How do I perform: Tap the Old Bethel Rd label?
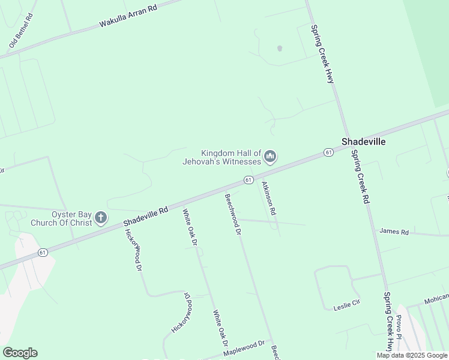click(21, 30)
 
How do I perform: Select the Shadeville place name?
click(363, 142)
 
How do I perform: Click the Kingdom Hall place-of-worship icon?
click(270, 157)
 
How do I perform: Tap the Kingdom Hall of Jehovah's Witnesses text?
click(231, 157)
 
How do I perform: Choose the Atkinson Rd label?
click(268, 199)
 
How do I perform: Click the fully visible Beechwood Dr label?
click(233, 214)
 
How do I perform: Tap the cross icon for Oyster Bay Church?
click(101, 218)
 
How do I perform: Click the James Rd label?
click(394, 232)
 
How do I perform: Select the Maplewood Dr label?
click(244, 348)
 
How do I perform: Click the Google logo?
click(20, 353)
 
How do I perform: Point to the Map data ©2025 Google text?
click(412, 355)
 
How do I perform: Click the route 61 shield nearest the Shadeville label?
click(328, 152)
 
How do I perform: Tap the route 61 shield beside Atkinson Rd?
click(249, 180)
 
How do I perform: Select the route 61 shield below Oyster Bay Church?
click(42, 253)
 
